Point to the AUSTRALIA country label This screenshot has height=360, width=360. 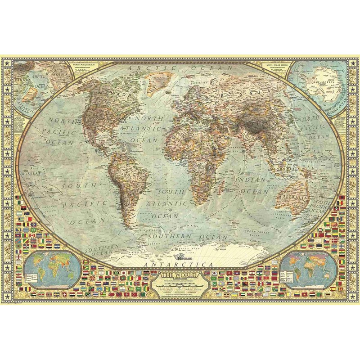click(x=293, y=198)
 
